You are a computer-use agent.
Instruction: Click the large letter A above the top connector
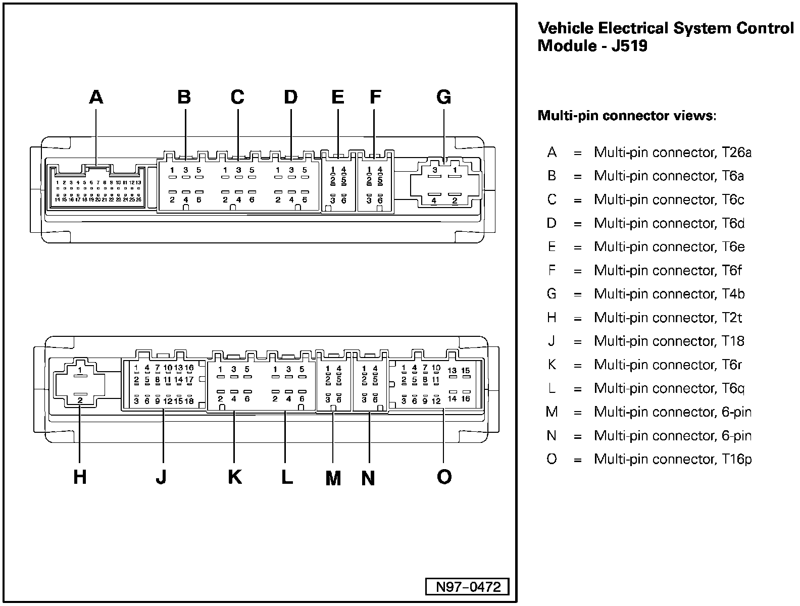coord(96,96)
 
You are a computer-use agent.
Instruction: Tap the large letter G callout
coord(443,96)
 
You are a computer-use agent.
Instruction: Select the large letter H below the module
coord(80,476)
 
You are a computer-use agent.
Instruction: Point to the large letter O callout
coord(444,476)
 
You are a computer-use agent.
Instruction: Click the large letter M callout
coord(333,478)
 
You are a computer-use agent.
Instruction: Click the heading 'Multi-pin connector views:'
coord(627,116)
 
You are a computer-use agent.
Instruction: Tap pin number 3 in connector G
coord(435,170)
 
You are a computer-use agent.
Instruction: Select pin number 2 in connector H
coord(80,400)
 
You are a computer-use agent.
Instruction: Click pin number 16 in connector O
coord(466,399)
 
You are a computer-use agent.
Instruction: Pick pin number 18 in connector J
coord(189,401)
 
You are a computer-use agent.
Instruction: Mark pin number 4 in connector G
coord(434,200)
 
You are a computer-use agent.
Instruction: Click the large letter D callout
coord(290,96)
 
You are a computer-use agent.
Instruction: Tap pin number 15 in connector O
coord(466,371)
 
